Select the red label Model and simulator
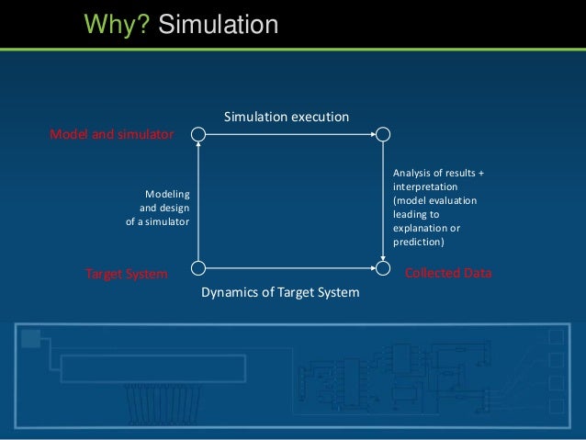(x=111, y=134)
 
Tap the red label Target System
(x=127, y=274)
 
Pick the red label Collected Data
(x=448, y=274)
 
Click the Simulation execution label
(x=287, y=117)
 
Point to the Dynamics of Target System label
(x=279, y=292)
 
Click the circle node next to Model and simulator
(x=197, y=134)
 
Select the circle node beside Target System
(x=197, y=268)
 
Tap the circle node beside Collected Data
(x=383, y=268)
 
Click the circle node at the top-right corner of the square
(x=383, y=134)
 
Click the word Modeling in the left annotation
(x=167, y=194)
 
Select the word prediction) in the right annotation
(x=418, y=243)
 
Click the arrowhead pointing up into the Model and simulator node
(x=197, y=145)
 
